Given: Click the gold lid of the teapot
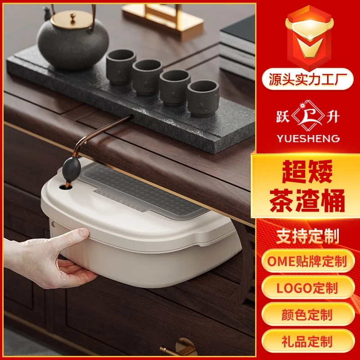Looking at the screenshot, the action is pyautogui.click(x=72, y=19).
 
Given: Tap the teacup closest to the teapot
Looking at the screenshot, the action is pyautogui.click(x=121, y=66).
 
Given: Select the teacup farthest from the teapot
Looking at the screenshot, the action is pyautogui.click(x=203, y=97).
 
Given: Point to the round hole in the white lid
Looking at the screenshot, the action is pyautogui.click(x=65, y=187).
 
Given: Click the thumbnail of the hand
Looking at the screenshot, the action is pyautogui.click(x=84, y=232).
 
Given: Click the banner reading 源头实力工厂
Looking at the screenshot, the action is pyautogui.click(x=308, y=79).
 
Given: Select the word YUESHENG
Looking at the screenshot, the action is pyautogui.click(x=308, y=139).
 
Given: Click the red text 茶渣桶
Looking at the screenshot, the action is pyautogui.click(x=307, y=200).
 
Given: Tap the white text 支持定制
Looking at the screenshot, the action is pyautogui.click(x=308, y=237).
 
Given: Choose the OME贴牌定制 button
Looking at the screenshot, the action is pyautogui.click(x=308, y=261).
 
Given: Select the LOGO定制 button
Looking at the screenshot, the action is pyautogui.click(x=308, y=288).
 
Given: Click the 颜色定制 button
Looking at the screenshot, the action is pyautogui.click(x=308, y=314).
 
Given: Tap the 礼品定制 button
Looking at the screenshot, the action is pyautogui.click(x=308, y=341).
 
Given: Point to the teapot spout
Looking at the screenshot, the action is pyautogui.click(x=47, y=13).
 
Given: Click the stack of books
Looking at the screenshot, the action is pyautogui.click(x=238, y=47).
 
